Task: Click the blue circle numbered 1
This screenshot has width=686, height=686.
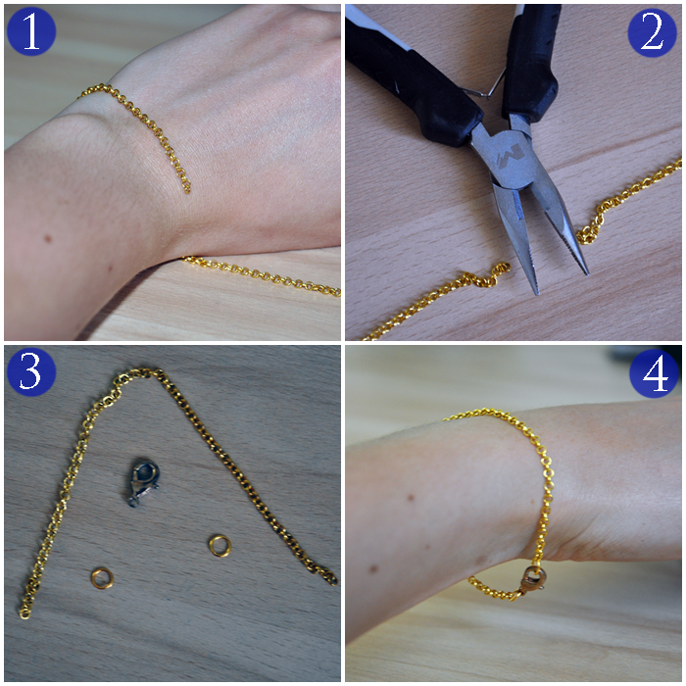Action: pos(31,31)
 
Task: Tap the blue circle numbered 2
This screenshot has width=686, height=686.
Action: pos(652,32)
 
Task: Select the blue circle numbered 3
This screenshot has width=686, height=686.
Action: pos(31,371)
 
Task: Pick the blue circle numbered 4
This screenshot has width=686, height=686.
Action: pos(654,373)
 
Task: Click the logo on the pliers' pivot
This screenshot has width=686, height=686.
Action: pos(510,155)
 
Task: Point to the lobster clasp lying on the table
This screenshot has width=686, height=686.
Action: pos(143,482)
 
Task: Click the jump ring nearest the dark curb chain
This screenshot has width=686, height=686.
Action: pos(220,546)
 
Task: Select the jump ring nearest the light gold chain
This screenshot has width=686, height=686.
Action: pos(102,578)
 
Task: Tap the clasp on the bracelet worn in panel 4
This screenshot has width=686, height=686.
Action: pos(531,579)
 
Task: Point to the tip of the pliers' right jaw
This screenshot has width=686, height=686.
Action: pos(586,273)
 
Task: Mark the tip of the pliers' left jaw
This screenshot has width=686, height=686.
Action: pos(536,292)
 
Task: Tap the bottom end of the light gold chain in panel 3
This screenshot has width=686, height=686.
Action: pos(24,613)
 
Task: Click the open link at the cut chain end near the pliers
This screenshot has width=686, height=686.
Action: pos(502,269)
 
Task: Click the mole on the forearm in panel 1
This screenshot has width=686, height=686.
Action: pos(48,239)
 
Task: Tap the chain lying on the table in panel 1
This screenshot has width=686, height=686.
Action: pos(262,276)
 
